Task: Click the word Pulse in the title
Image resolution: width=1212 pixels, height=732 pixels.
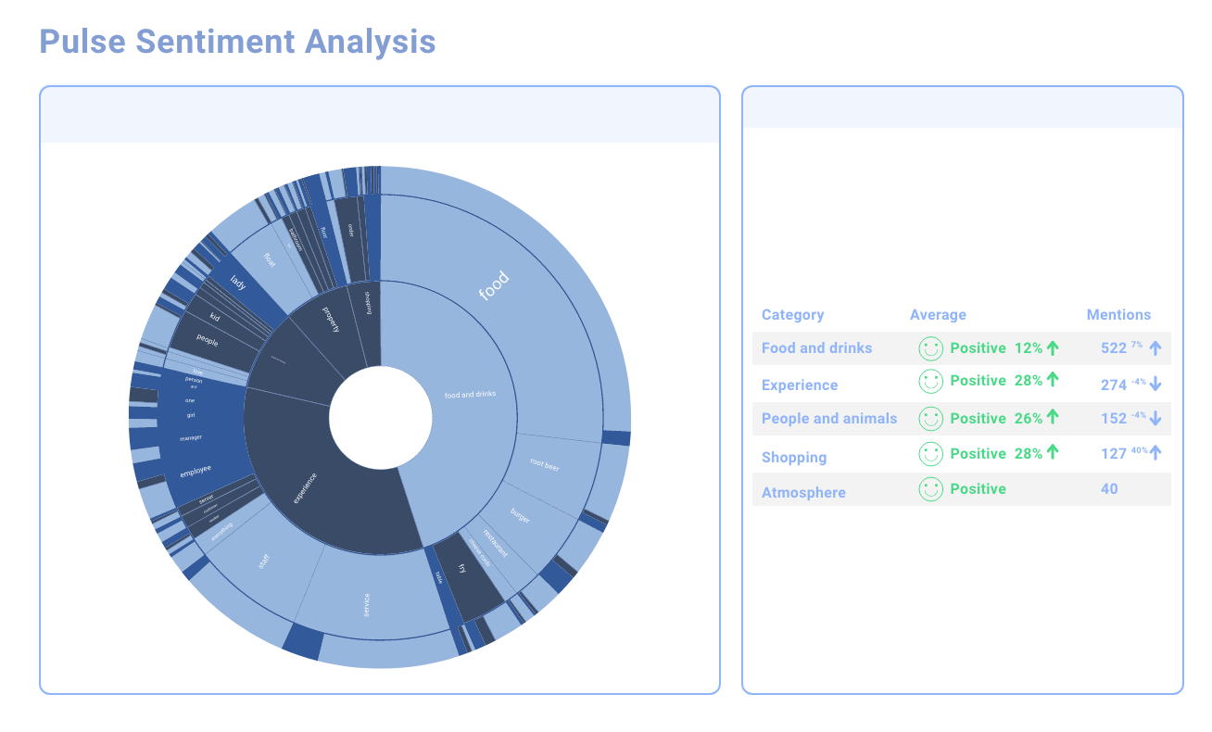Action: point(82,42)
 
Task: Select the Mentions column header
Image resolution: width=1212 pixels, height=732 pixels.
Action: point(1118,315)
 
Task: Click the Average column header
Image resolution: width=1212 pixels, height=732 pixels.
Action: point(938,315)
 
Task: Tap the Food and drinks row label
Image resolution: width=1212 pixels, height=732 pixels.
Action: point(816,348)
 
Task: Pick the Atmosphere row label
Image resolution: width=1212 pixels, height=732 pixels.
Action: point(803,492)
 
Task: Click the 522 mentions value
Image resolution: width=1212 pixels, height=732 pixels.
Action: point(1113,348)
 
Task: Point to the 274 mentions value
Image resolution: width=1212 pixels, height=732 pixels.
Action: point(1113,385)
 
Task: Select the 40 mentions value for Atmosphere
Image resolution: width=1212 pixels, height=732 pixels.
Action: point(1109,489)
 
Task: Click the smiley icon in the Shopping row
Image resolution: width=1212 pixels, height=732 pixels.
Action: point(930,454)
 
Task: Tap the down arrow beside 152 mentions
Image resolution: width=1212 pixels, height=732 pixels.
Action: point(1155,419)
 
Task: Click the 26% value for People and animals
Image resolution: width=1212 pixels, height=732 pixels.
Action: point(1029,419)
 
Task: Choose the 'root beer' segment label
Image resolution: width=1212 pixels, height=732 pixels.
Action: point(545,464)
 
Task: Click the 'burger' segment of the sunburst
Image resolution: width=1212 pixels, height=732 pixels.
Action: point(521,515)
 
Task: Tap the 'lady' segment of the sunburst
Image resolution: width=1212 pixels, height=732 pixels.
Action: point(238,283)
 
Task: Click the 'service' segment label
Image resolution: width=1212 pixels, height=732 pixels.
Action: point(367,604)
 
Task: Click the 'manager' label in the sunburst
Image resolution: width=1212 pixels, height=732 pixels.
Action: point(191,437)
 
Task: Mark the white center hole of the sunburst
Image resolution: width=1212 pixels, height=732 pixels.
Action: point(380,417)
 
